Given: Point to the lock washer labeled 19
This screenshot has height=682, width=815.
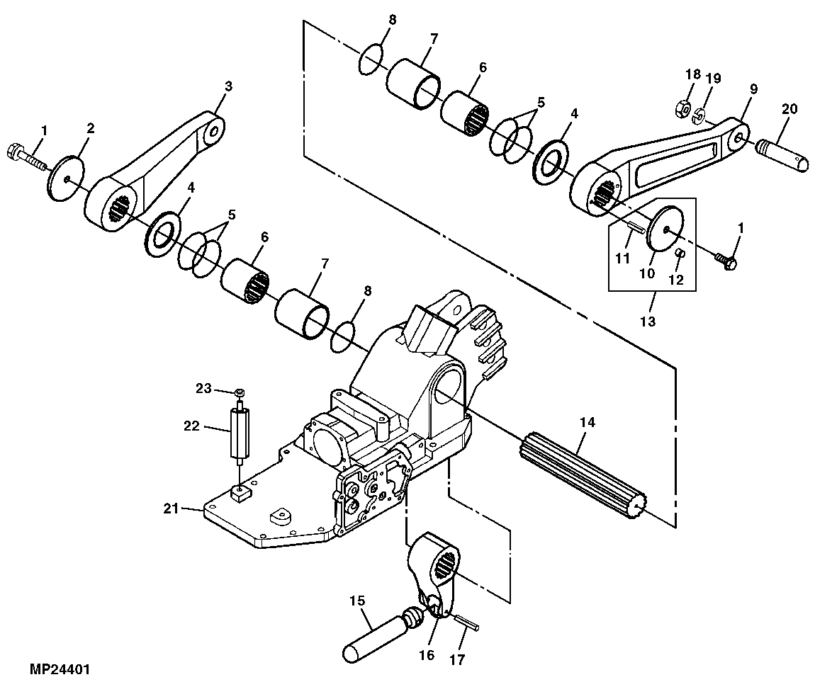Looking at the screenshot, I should point(699,115).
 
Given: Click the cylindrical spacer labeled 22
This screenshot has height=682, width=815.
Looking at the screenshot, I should point(240,433).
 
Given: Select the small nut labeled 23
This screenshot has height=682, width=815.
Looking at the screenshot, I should point(240,392).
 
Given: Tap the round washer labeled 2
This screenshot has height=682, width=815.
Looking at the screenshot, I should point(66,177).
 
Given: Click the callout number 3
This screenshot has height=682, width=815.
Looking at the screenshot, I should point(228,86).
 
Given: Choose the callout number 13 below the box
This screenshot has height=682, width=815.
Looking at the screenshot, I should point(647,320).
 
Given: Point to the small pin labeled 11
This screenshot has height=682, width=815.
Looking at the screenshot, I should point(634,227).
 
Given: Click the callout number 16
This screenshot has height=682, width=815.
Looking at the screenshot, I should point(426,656).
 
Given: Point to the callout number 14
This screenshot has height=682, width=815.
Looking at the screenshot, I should point(587,423).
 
